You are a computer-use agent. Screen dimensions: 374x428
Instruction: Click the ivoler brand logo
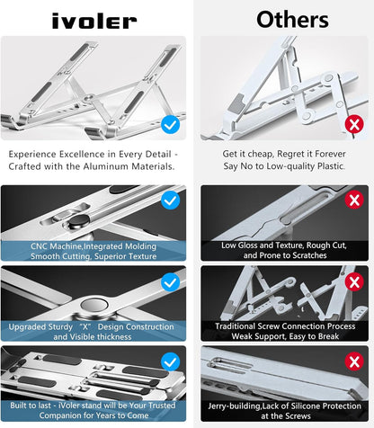pos(94,21)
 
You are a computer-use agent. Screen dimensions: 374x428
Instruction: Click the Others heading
pos(292,20)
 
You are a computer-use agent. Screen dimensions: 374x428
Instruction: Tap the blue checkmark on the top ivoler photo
pos(170,125)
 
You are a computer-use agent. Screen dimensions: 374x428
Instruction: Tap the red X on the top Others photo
pos(354,124)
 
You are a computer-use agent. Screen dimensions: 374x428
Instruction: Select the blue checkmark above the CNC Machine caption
pos(170,201)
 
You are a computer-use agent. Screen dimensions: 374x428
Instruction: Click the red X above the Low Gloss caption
pos(354,200)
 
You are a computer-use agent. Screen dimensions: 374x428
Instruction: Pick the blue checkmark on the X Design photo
pos(170,282)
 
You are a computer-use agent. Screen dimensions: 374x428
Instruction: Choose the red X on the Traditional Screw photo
pos(354,281)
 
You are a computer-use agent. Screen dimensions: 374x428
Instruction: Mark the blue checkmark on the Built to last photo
pos(170,361)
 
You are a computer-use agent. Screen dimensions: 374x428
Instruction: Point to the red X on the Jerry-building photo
pos(354,361)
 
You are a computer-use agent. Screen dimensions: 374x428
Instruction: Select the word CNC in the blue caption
pos(39,246)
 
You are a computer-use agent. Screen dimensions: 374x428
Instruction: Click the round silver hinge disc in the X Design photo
pos(94,305)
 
